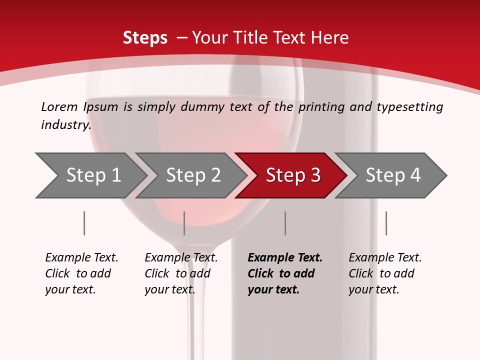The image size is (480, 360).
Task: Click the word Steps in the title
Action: pyautogui.click(x=145, y=37)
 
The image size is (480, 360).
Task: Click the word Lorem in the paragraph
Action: pyautogui.click(x=59, y=106)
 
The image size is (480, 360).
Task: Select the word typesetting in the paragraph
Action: pyautogui.click(x=409, y=106)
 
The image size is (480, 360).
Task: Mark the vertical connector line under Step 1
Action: pyautogui.click(x=84, y=223)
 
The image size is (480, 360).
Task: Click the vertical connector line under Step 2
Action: pyautogui.click(x=184, y=223)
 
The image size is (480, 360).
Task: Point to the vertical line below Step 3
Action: pyautogui.click(x=285, y=223)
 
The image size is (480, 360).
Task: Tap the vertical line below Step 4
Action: pyautogui.click(x=386, y=223)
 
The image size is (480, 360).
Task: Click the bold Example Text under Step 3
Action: pyautogui.click(x=285, y=257)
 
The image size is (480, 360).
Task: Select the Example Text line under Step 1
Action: pyautogui.click(x=81, y=257)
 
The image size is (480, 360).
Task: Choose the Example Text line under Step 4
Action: pyautogui.click(x=385, y=257)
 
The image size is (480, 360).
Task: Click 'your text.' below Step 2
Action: pyautogui.click(x=170, y=289)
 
